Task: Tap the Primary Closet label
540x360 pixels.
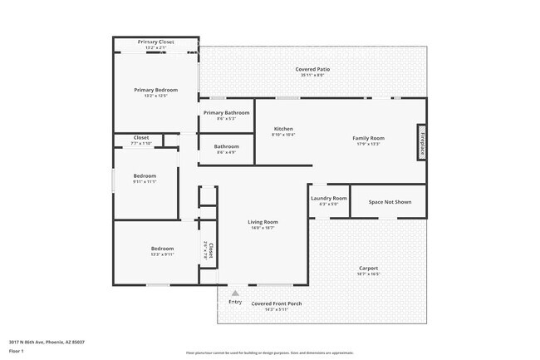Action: pyautogui.click(x=156, y=42)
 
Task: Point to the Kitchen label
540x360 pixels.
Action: pyautogui.click(x=284, y=129)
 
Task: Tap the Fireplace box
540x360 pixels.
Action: pyautogui.click(x=421, y=141)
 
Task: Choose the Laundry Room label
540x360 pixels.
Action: pyautogui.click(x=328, y=199)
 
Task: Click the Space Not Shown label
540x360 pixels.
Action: pyautogui.click(x=390, y=202)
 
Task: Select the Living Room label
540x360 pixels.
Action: pyautogui.click(x=263, y=222)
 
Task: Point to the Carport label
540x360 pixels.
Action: pyautogui.click(x=369, y=269)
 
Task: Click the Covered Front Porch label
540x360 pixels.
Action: pyautogui.click(x=277, y=304)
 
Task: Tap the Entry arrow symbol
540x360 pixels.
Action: pyautogui.click(x=235, y=293)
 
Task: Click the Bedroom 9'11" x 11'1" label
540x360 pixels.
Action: pyautogui.click(x=145, y=176)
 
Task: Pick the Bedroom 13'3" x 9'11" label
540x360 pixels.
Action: pyautogui.click(x=162, y=249)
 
